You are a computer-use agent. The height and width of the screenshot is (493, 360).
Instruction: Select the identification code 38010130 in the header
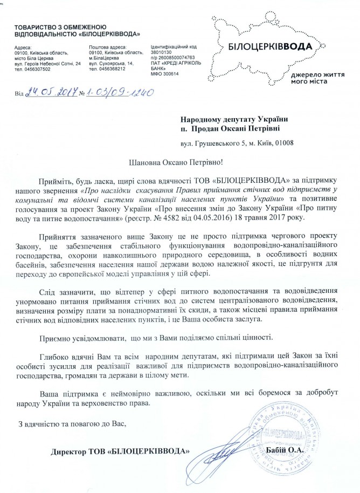[162, 53]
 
